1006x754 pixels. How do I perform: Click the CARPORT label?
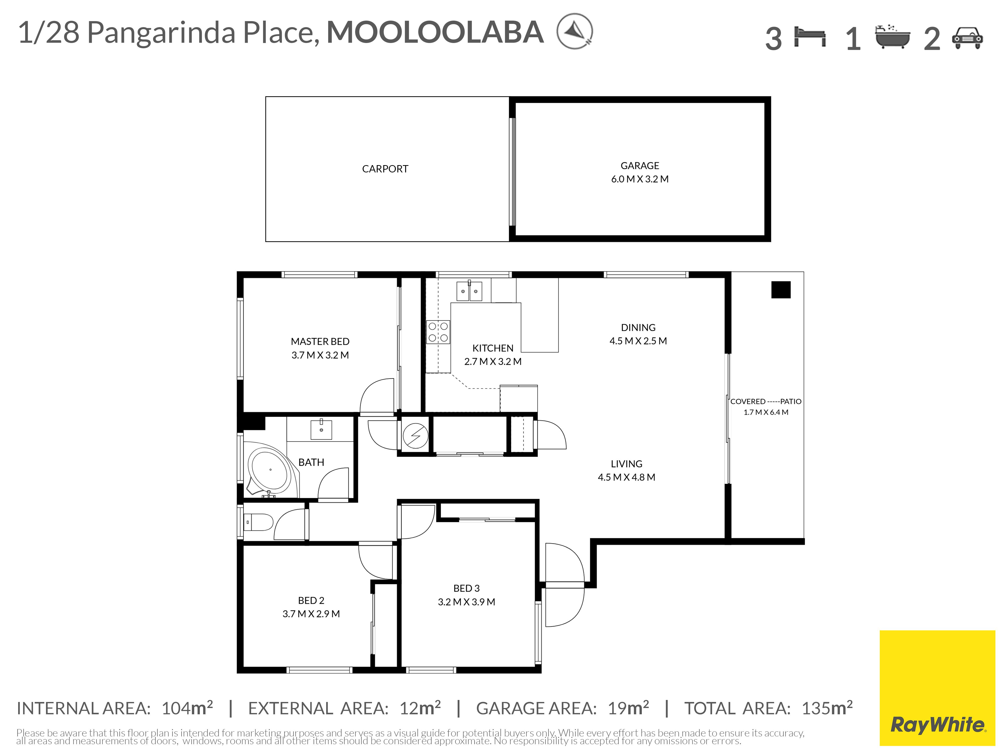tap(385, 169)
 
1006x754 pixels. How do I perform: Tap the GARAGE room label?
tap(639, 165)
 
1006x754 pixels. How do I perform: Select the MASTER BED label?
tap(320, 341)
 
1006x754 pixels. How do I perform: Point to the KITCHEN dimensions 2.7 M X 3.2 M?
tap(492, 361)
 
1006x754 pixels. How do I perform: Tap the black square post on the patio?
tap(781, 290)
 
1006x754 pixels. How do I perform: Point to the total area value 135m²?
tap(827, 708)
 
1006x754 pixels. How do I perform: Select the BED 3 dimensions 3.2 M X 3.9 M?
tap(466, 602)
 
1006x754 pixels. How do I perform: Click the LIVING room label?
tap(626, 463)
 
